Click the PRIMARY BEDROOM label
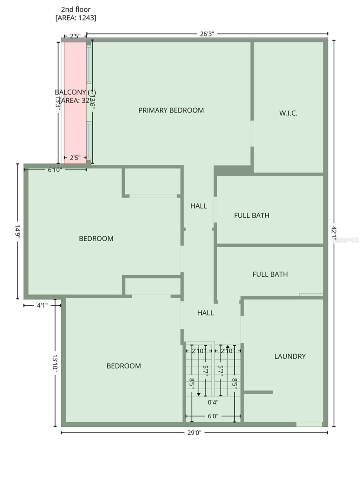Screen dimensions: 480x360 pyautogui.click(x=171, y=110)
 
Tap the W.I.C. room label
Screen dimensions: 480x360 pyautogui.click(x=288, y=113)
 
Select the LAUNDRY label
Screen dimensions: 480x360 pyautogui.click(x=290, y=356)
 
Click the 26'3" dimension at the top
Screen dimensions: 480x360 pyautogui.click(x=207, y=34)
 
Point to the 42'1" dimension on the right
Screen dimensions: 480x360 pyautogui.click(x=334, y=234)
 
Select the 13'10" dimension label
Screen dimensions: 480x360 pyautogui.click(x=55, y=363)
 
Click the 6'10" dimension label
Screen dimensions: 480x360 pyautogui.click(x=55, y=170)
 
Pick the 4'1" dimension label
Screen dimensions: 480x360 pyautogui.click(x=42, y=305)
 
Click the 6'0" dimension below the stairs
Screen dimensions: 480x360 pyautogui.click(x=213, y=416)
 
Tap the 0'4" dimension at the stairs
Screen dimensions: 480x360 pyautogui.click(x=213, y=402)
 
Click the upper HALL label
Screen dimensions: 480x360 pyautogui.click(x=198, y=206)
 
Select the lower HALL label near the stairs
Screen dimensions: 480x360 pyautogui.click(x=205, y=313)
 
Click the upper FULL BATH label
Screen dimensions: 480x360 pyautogui.click(x=252, y=216)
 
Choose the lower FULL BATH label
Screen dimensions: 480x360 pyautogui.click(x=270, y=274)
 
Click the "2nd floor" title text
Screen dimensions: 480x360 pyautogui.click(x=76, y=9)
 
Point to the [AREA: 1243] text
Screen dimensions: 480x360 pyautogui.click(x=76, y=18)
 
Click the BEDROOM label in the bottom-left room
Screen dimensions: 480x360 pyautogui.click(x=124, y=366)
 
